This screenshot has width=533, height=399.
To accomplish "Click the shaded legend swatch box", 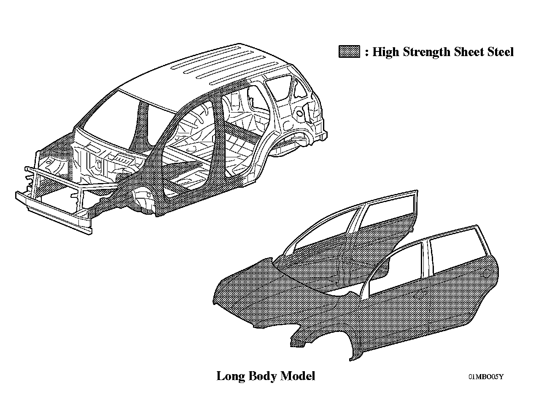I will click(349, 51).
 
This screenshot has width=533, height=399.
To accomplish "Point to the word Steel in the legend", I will click(501, 52).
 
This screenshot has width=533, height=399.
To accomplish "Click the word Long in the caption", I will click(230, 376).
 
